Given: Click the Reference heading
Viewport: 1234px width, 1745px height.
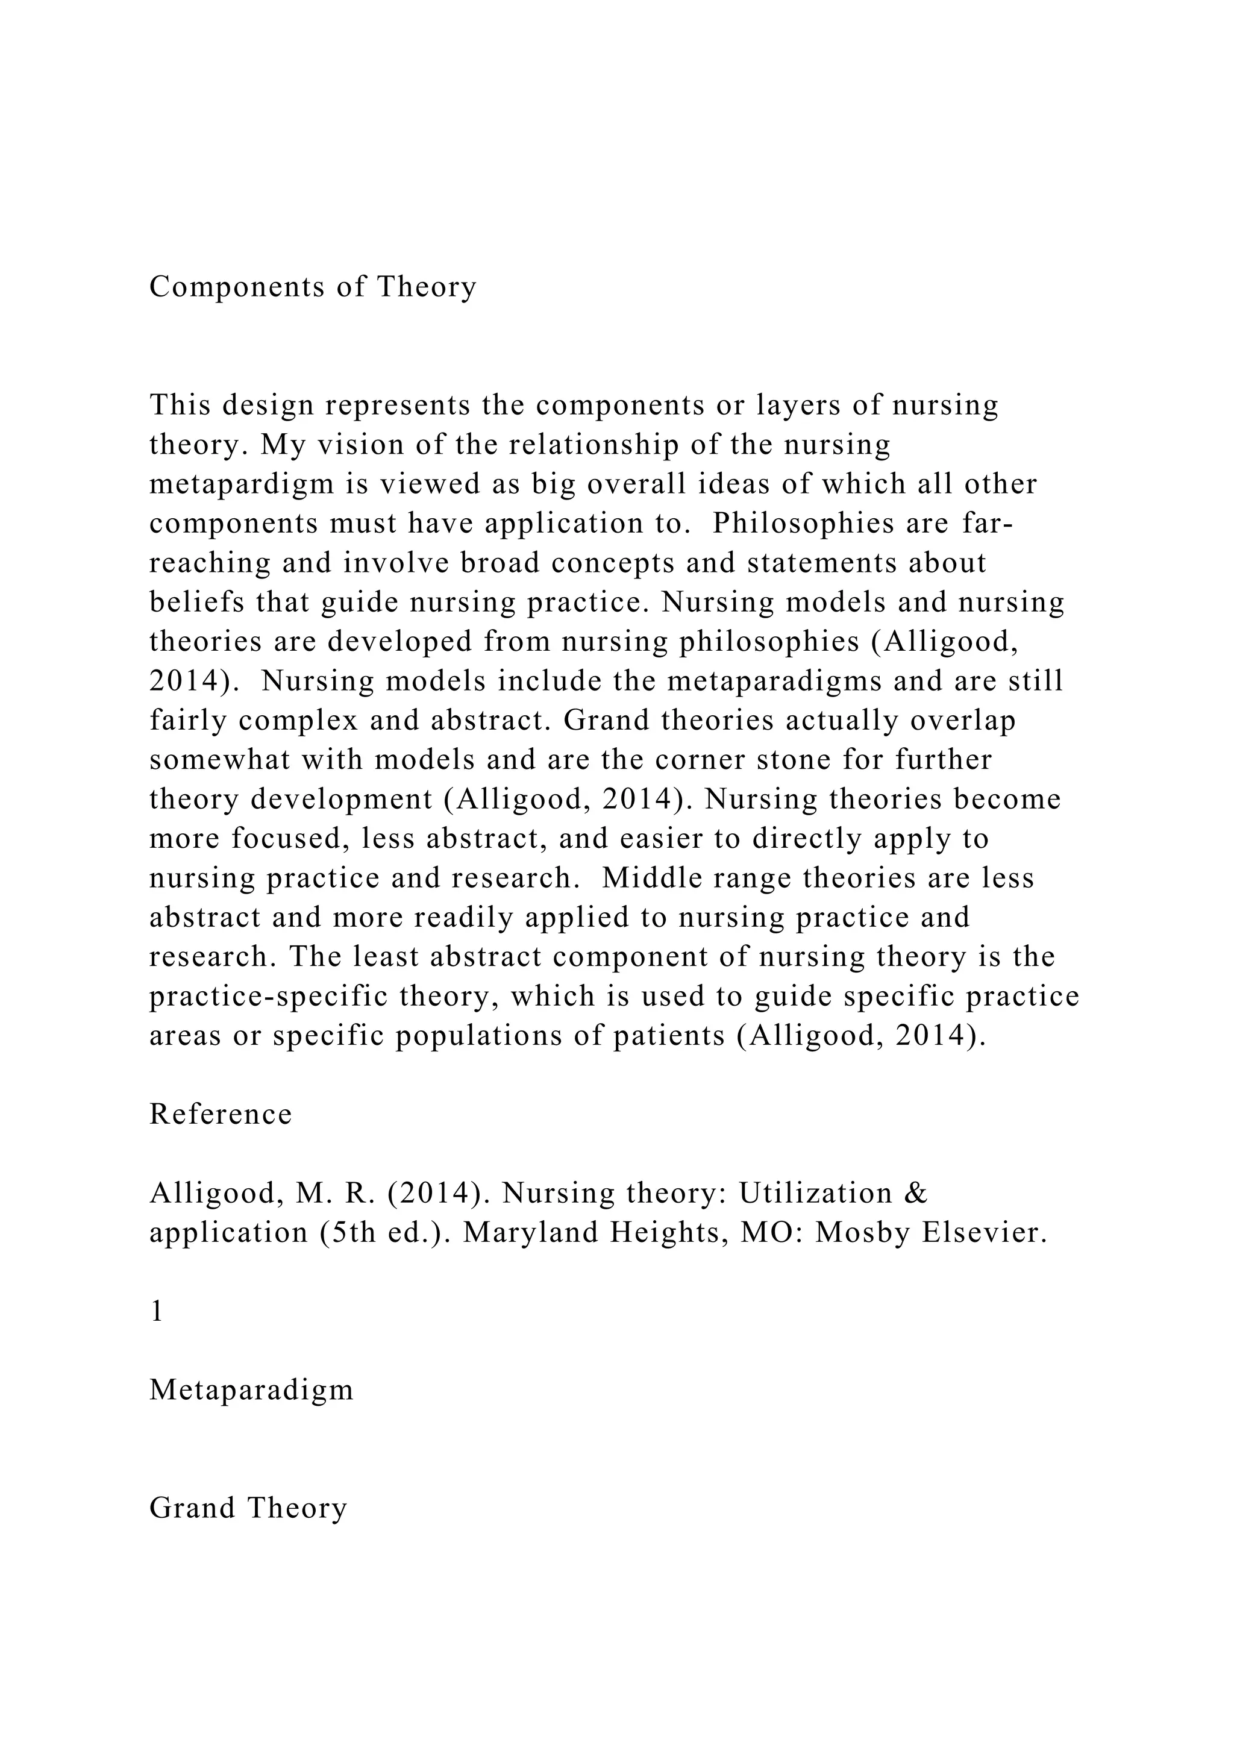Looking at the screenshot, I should click(221, 1114).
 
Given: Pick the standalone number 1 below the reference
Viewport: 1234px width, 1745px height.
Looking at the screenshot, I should click(157, 1312).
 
